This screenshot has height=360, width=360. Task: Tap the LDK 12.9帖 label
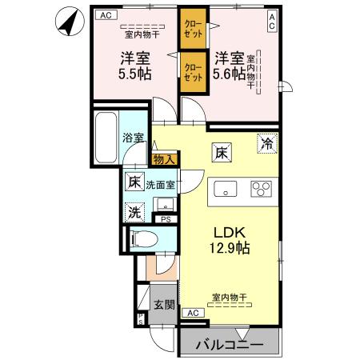point(230,239)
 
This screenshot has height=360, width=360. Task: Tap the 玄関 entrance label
point(163,305)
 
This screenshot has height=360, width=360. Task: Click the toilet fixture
point(144,238)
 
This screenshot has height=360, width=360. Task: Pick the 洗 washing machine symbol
point(135,212)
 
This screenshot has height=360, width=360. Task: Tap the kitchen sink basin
point(226,190)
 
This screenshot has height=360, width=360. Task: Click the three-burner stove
point(261,190)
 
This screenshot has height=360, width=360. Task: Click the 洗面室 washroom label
point(160,184)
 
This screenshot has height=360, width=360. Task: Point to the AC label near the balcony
point(193,313)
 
